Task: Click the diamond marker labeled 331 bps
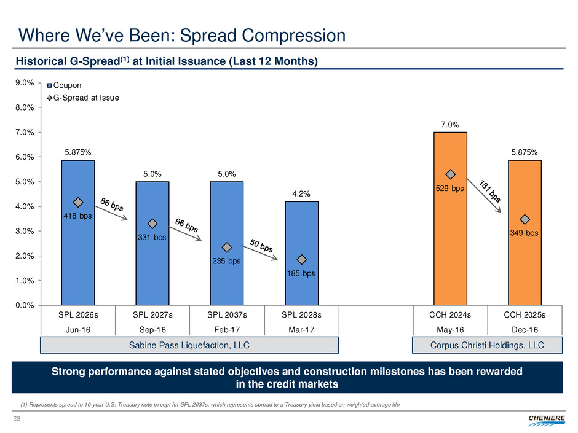[152, 224]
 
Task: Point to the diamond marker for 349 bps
[525, 220]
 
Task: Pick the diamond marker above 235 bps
[227, 248]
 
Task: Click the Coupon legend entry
[66, 85]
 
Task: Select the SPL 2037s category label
[227, 315]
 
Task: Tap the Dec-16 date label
[525, 329]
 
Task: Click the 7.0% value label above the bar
[450, 125]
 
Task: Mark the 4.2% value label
[301, 194]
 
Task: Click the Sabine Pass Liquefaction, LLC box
[189, 345]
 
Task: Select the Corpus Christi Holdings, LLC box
[488, 345]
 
